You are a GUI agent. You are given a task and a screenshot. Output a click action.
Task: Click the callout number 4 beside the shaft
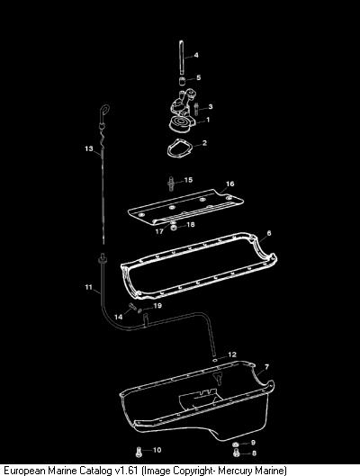tap(196, 55)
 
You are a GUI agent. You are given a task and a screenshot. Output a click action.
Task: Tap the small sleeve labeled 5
tap(182, 82)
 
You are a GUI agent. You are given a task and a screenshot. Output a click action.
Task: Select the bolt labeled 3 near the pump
tap(196, 109)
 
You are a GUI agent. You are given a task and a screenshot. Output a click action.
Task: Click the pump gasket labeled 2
tap(180, 148)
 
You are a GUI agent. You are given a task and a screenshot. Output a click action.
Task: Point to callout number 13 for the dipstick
tap(89, 148)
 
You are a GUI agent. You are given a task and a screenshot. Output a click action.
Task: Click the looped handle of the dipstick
tap(104, 110)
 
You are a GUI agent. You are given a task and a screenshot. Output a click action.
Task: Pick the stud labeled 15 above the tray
tap(171, 184)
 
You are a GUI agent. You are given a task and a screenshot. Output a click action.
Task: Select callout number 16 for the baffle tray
tap(230, 184)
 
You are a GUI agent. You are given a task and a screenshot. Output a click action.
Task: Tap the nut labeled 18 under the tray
tap(174, 227)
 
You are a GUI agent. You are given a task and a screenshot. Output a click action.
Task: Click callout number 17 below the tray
tap(159, 231)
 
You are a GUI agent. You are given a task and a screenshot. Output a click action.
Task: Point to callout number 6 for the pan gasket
tap(268, 233)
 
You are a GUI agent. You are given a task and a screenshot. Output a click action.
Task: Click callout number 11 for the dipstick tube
tap(88, 287)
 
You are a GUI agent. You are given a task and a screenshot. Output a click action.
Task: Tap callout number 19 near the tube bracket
tap(157, 305)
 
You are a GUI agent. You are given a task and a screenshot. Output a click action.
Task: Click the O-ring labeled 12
tap(215, 360)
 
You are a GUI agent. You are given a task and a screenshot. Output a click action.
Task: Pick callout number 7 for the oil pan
tap(266, 367)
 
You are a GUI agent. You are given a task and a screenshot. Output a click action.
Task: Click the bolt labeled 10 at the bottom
tap(139, 452)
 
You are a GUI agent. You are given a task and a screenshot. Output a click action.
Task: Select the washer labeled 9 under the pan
tap(236, 445)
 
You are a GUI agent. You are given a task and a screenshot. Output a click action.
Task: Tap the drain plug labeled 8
tap(236, 453)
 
